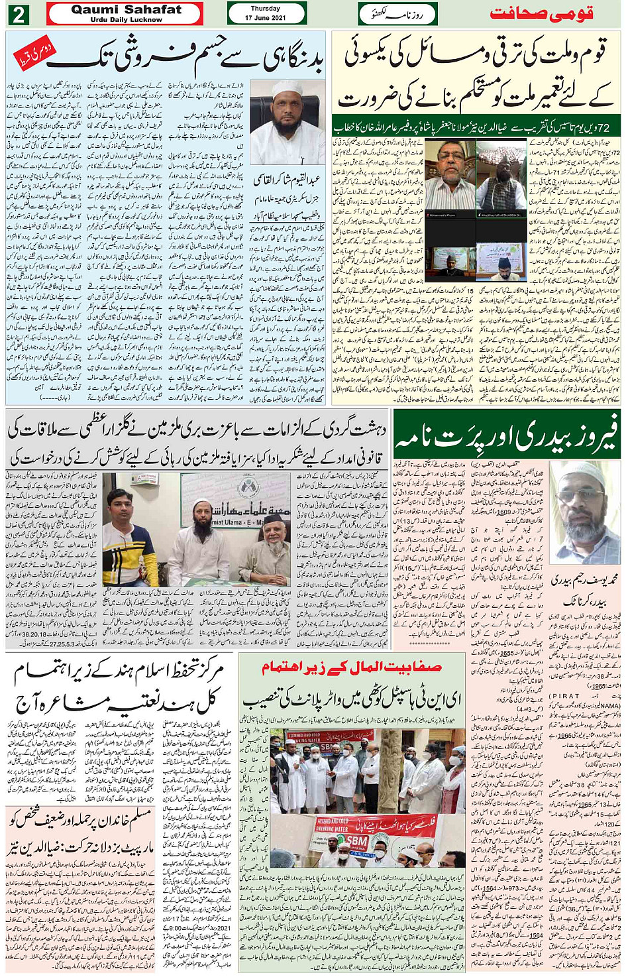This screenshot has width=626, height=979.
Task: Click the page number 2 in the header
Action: (18, 14)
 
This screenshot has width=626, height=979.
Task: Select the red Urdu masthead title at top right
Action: (541, 14)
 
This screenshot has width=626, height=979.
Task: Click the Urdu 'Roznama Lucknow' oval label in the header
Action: (397, 13)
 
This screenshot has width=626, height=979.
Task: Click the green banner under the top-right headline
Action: (476, 126)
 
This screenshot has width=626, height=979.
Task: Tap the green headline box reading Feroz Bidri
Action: (507, 434)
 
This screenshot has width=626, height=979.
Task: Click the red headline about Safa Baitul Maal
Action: (351, 667)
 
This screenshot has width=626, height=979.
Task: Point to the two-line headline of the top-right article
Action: (476, 76)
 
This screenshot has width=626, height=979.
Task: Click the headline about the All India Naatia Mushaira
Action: (119, 686)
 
